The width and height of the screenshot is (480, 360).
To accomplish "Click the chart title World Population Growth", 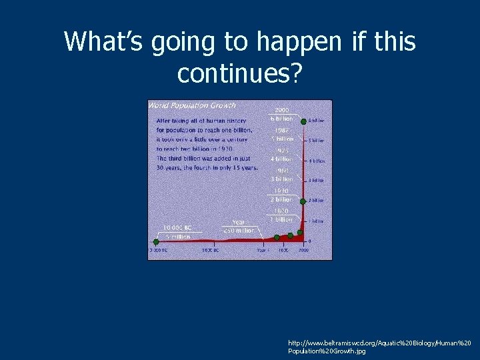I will point(192,105).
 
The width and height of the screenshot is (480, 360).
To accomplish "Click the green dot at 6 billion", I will point(303,121).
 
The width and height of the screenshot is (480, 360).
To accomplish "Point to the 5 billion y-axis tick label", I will point(316,141).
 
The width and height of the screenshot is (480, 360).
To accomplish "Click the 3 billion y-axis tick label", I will point(316,181).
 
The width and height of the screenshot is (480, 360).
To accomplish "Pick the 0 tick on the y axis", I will point(309,240).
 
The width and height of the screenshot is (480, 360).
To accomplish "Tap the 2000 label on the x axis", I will point(303,250).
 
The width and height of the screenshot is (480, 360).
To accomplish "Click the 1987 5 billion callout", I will point(281,135).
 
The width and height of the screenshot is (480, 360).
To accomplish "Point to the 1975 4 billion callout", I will point(281,155).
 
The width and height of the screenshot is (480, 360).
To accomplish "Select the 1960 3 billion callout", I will point(281,175).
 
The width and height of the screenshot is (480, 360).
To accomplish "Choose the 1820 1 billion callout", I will point(281,215).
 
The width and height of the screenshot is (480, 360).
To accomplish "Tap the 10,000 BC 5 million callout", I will point(177,231).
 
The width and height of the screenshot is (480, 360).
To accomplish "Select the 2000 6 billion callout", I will point(281,114).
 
